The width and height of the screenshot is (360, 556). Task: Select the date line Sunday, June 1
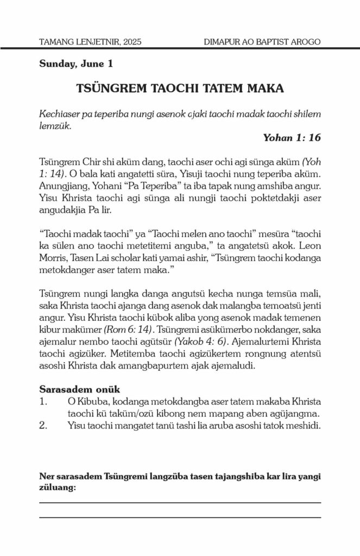76,64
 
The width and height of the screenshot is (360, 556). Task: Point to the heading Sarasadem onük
80,389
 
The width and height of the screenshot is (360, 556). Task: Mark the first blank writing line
180,503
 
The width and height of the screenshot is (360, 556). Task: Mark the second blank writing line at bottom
180,517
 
